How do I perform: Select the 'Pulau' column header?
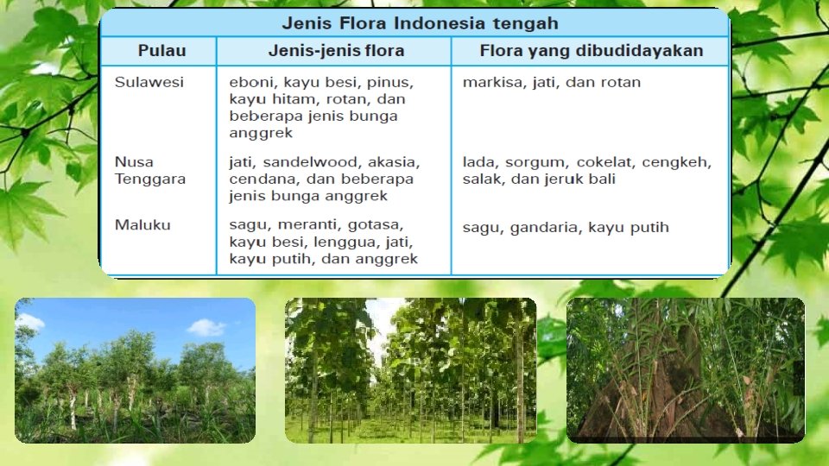pyautogui.click(x=161, y=51)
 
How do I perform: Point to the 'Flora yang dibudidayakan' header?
pyautogui.click(x=592, y=51)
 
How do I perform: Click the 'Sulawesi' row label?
pyautogui.click(x=149, y=82)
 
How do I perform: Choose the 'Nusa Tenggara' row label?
pyautogui.click(x=150, y=170)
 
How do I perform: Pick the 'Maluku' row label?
pyautogui.click(x=143, y=224)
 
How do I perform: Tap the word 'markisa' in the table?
pyautogui.click(x=488, y=83)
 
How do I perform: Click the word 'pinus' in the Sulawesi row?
pyautogui.click(x=394, y=83)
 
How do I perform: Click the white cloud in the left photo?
pyautogui.click(x=207, y=327)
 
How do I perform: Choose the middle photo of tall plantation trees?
pyautogui.click(x=410, y=370)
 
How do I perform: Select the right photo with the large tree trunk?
pyautogui.click(x=685, y=370)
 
